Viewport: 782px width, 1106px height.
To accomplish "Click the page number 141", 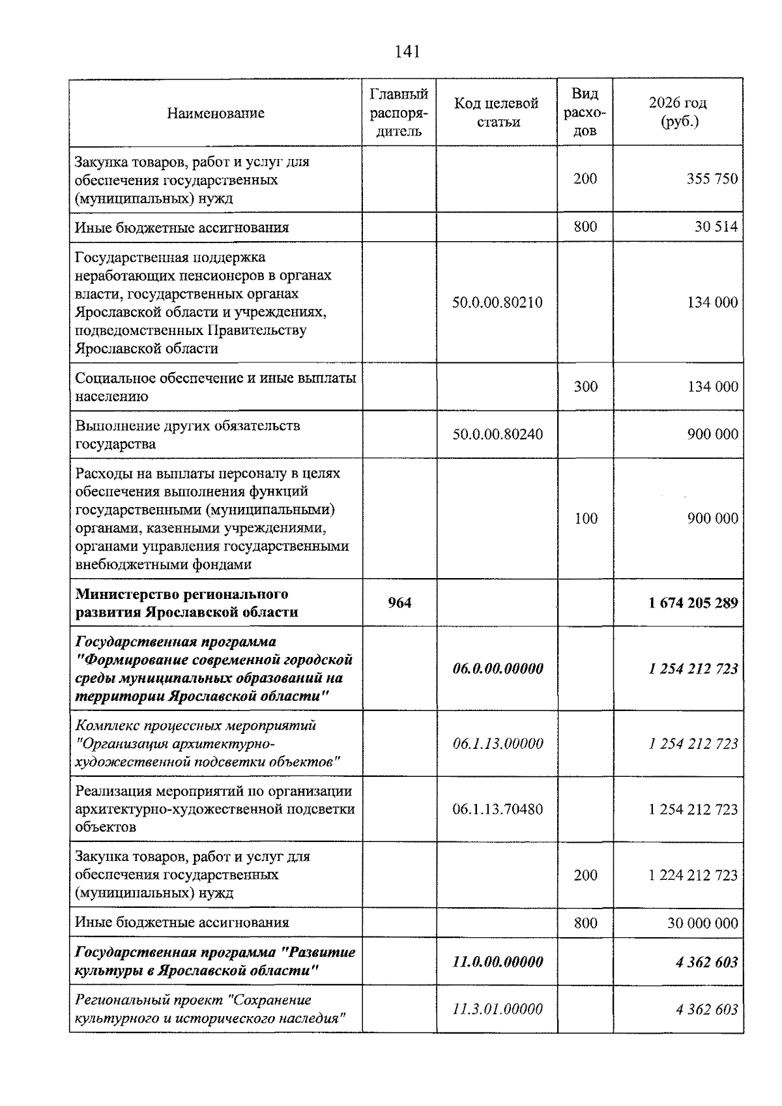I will point(407,51).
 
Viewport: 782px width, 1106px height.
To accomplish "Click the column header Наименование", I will point(216,113).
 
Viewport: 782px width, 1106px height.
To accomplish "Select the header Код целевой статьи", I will point(497,112).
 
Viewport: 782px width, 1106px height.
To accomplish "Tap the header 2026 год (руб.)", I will point(678,112).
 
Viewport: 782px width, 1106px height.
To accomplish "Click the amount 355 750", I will point(712,179).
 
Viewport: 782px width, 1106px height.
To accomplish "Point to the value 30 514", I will point(716,227).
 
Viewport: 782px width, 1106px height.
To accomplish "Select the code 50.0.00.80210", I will point(497,302).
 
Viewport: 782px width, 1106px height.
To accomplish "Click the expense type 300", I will point(585,386).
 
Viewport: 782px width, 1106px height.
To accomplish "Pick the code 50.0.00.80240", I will point(497,434).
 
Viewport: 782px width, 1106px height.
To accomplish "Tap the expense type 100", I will point(585,518).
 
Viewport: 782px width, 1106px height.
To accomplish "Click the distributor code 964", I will point(399,602).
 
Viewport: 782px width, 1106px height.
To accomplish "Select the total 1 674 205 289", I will point(693,602).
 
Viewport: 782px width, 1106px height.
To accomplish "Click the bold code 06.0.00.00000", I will point(497,669).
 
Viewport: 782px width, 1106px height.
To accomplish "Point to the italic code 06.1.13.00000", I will point(497,744).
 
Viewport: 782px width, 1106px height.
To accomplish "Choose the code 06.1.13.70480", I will point(497,809).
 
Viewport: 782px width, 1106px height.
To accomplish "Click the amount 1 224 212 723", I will point(693,875).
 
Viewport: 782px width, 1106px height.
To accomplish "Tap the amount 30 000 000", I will point(702,923).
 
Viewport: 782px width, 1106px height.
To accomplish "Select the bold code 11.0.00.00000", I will point(497,961).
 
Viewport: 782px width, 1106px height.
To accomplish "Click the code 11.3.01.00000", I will point(497,1009).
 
